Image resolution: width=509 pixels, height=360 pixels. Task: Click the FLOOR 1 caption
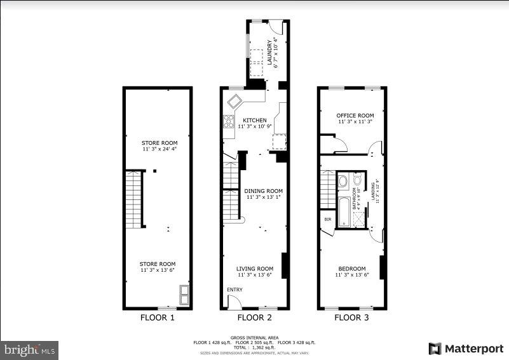coord(157,317)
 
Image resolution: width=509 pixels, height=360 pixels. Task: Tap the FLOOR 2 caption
coord(254,317)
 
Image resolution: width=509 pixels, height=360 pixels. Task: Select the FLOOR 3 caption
coord(351,317)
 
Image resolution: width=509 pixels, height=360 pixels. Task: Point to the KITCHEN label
coord(254,120)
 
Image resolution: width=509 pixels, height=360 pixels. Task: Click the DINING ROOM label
coord(264,190)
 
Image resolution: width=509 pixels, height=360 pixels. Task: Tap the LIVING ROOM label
coord(255,269)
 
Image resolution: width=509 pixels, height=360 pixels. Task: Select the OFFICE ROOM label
coord(355,116)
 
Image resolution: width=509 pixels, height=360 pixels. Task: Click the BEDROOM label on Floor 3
coord(351,269)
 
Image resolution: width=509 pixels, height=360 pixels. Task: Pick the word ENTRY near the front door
coord(234,290)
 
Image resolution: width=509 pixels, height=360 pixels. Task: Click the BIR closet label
coord(328,219)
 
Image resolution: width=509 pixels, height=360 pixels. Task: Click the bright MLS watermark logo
coord(30,350)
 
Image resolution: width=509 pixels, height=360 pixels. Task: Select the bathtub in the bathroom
coord(343,212)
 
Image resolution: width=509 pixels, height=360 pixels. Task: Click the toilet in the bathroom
coord(343,181)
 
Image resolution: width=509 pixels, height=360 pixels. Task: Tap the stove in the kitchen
coord(229,121)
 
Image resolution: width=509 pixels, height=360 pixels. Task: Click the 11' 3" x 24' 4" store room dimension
coord(159,150)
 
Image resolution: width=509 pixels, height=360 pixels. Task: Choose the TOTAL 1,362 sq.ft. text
coord(254,347)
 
